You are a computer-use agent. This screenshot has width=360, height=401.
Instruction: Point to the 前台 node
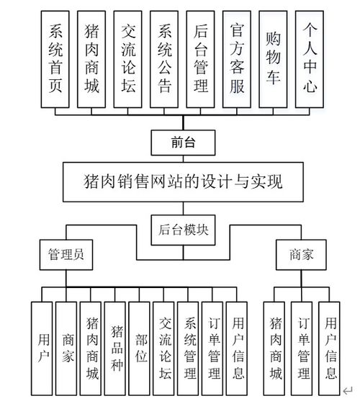(183, 142)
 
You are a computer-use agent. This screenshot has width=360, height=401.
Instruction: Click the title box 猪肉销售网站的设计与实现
(183, 180)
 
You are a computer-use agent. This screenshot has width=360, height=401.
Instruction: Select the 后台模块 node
(183, 229)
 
